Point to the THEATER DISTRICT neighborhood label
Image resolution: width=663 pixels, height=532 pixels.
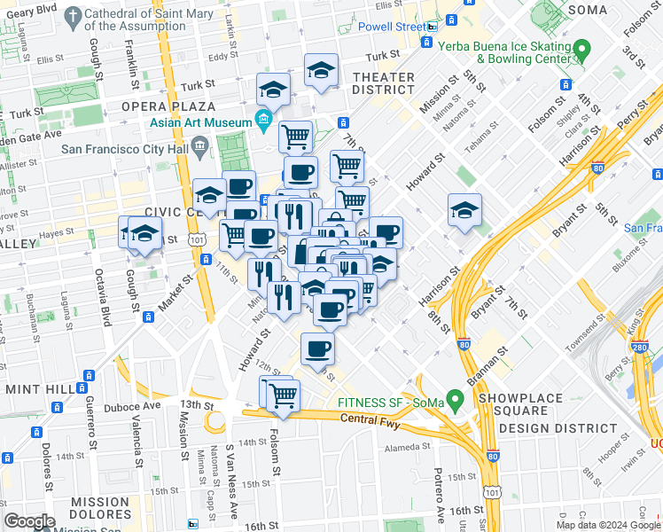[x=384, y=84]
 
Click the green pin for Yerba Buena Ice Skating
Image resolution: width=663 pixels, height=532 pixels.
[x=581, y=48]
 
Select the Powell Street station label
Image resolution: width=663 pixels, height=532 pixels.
[x=389, y=27]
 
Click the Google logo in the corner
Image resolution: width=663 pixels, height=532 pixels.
[x=29, y=521]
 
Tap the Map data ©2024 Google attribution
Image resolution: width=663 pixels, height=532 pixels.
[x=608, y=525]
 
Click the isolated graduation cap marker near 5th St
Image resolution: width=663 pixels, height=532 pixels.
[x=464, y=211]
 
